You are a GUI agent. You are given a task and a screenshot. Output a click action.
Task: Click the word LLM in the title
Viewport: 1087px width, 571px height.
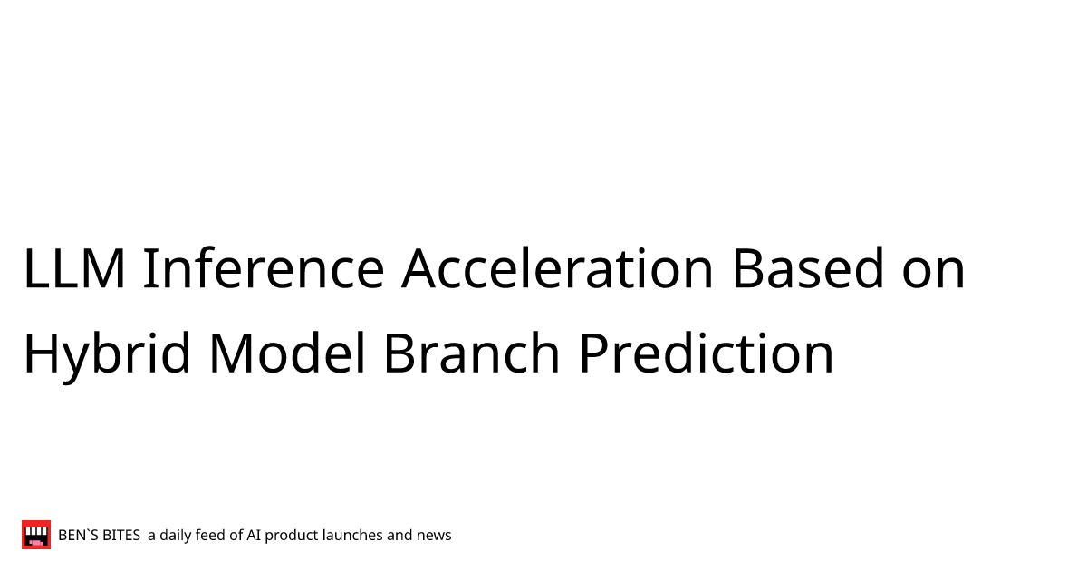coord(74,268)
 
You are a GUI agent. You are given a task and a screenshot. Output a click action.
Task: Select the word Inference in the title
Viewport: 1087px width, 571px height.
coord(264,267)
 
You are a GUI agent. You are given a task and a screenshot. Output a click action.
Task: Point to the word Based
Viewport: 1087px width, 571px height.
coord(808,267)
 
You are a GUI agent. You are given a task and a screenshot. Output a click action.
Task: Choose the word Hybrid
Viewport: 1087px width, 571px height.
coord(107,354)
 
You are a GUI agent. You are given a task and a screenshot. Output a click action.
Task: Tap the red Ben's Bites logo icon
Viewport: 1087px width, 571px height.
coord(36,535)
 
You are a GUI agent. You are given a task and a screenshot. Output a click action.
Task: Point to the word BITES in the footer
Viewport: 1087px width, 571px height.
coord(121,535)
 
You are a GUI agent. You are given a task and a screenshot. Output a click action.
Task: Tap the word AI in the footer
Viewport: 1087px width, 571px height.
coord(254,535)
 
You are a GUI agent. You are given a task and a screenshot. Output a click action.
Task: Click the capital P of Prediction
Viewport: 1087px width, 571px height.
coord(594,353)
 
